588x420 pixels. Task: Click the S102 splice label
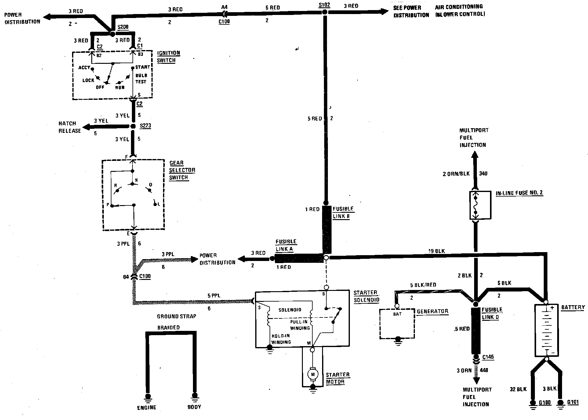(324, 5)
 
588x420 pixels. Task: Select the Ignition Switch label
(168, 56)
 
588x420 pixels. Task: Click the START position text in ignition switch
(143, 67)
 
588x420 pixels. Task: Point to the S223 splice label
(145, 125)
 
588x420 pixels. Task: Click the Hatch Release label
(70, 127)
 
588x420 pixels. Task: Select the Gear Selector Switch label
(182, 170)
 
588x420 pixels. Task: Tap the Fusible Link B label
(343, 212)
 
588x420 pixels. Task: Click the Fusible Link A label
(286, 245)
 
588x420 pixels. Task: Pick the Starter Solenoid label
(366, 296)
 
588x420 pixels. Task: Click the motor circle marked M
(312, 374)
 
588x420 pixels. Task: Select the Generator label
(432, 311)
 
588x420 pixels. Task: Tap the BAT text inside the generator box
(397, 314)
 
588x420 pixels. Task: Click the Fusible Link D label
(492, 313)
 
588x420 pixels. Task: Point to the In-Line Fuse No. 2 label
(519, 193)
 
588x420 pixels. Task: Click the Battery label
(573, 307)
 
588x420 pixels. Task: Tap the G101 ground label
(573, 402)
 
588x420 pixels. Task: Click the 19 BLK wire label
(437, 251)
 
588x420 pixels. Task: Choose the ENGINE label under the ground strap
(147, 407)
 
